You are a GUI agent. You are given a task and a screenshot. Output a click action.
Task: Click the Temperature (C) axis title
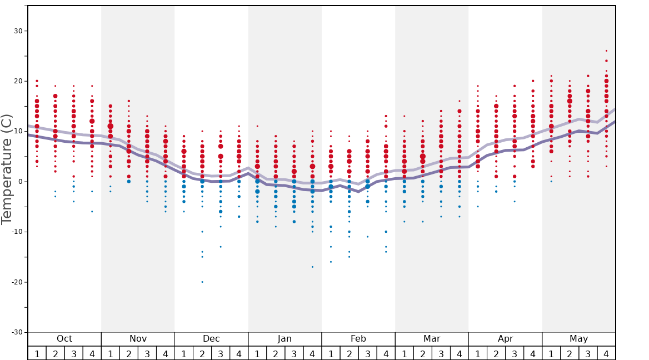(7, 169)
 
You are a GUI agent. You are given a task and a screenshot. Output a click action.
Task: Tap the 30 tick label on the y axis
(17, 31)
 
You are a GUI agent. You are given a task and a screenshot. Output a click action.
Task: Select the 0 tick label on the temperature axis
(19, 182)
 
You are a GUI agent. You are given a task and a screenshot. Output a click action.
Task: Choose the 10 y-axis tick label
(17, 132)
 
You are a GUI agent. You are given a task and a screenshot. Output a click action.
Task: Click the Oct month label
(64, 339)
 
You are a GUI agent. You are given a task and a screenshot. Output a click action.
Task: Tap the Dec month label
(211, 339)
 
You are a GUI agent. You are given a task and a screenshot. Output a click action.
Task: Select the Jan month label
(284, 339)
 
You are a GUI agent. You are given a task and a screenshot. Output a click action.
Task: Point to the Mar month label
(432, 339)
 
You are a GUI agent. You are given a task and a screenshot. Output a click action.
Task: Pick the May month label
(578, 339)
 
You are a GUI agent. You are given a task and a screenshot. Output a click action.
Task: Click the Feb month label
(358, 339)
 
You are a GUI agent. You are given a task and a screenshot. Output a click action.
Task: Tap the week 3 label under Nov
(147, 353)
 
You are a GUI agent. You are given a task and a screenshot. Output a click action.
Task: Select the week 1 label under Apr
(478, 353)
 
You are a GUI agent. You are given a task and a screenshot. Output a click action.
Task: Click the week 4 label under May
(606, 353)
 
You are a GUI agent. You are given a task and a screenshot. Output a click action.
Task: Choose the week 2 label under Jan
(276, 353)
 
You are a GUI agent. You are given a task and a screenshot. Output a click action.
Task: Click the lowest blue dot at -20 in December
(202, 282)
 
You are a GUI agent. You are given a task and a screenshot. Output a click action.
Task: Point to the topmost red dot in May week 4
(606, 51)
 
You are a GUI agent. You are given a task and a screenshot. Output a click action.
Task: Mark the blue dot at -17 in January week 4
(312, 267)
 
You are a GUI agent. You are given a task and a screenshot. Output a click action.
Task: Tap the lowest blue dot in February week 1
(331, 262)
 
